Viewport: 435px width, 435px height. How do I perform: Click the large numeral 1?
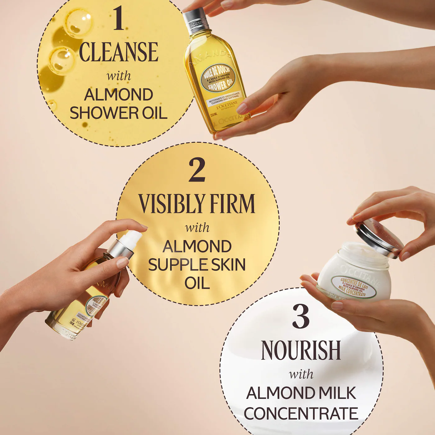(118, 19)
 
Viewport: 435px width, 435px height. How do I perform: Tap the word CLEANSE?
(118, 52)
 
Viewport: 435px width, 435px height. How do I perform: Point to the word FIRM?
(232, 204)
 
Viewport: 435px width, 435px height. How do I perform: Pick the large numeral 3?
(301, 316)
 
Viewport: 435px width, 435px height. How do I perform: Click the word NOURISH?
(301, 350)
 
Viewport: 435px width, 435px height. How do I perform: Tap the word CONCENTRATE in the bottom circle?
(301, 413)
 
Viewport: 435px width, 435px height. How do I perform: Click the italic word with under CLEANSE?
(118, 76)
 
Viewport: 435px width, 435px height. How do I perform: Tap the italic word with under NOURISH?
(301, 374)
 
